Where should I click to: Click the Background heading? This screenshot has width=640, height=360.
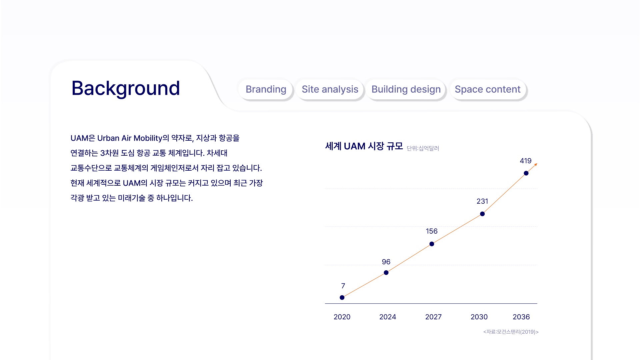coord(126,89)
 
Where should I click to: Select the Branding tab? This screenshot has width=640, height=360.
coord(266,89)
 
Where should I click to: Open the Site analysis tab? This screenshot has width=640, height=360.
coord(330,89)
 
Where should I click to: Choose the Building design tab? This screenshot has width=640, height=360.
coord(406,89)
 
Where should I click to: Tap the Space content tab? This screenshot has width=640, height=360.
coord(487,89)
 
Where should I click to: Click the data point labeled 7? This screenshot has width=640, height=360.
coord(342,297)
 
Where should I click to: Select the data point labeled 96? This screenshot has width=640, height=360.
coord(386,273)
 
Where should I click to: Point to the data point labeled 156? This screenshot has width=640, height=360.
coord(432,244)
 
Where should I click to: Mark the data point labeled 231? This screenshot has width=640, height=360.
coord(482,214)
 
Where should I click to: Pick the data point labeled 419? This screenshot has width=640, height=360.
coord(526,173)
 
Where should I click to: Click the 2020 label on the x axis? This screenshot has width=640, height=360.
coord(342,317)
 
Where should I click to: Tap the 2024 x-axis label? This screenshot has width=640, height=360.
coord(388,317)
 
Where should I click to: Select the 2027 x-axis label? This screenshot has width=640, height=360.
coord(433,317)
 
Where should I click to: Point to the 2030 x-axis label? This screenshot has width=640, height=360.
coord(479,317)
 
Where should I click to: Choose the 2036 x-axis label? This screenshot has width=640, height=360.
coord(521,317)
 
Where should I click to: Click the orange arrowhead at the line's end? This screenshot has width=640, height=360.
coord(536,164)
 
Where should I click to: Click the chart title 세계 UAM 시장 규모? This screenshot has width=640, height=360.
coord(364,146)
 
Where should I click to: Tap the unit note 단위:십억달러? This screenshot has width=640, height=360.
coord(423,148)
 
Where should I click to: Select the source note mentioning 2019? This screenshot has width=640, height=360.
coord(511,332)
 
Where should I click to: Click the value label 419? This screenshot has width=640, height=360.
coord(526,161)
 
